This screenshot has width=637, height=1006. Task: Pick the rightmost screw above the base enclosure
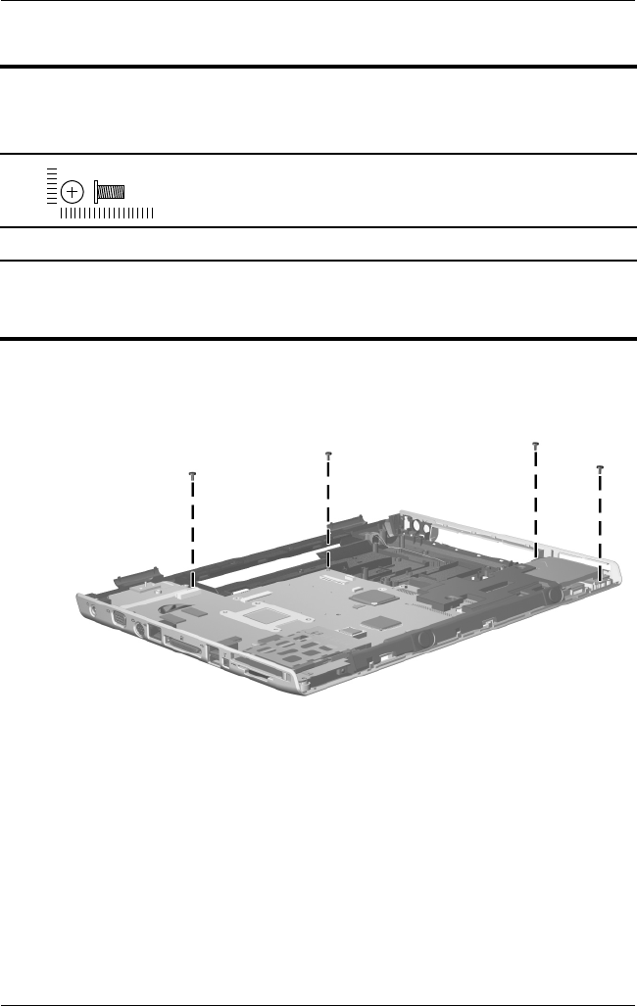click(x=600, y=470)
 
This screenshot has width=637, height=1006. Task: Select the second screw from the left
click(x=329, y=455)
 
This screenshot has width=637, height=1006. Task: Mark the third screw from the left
click(x=535, y=446)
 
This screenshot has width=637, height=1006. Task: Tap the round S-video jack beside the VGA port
click(x=140, y=629)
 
